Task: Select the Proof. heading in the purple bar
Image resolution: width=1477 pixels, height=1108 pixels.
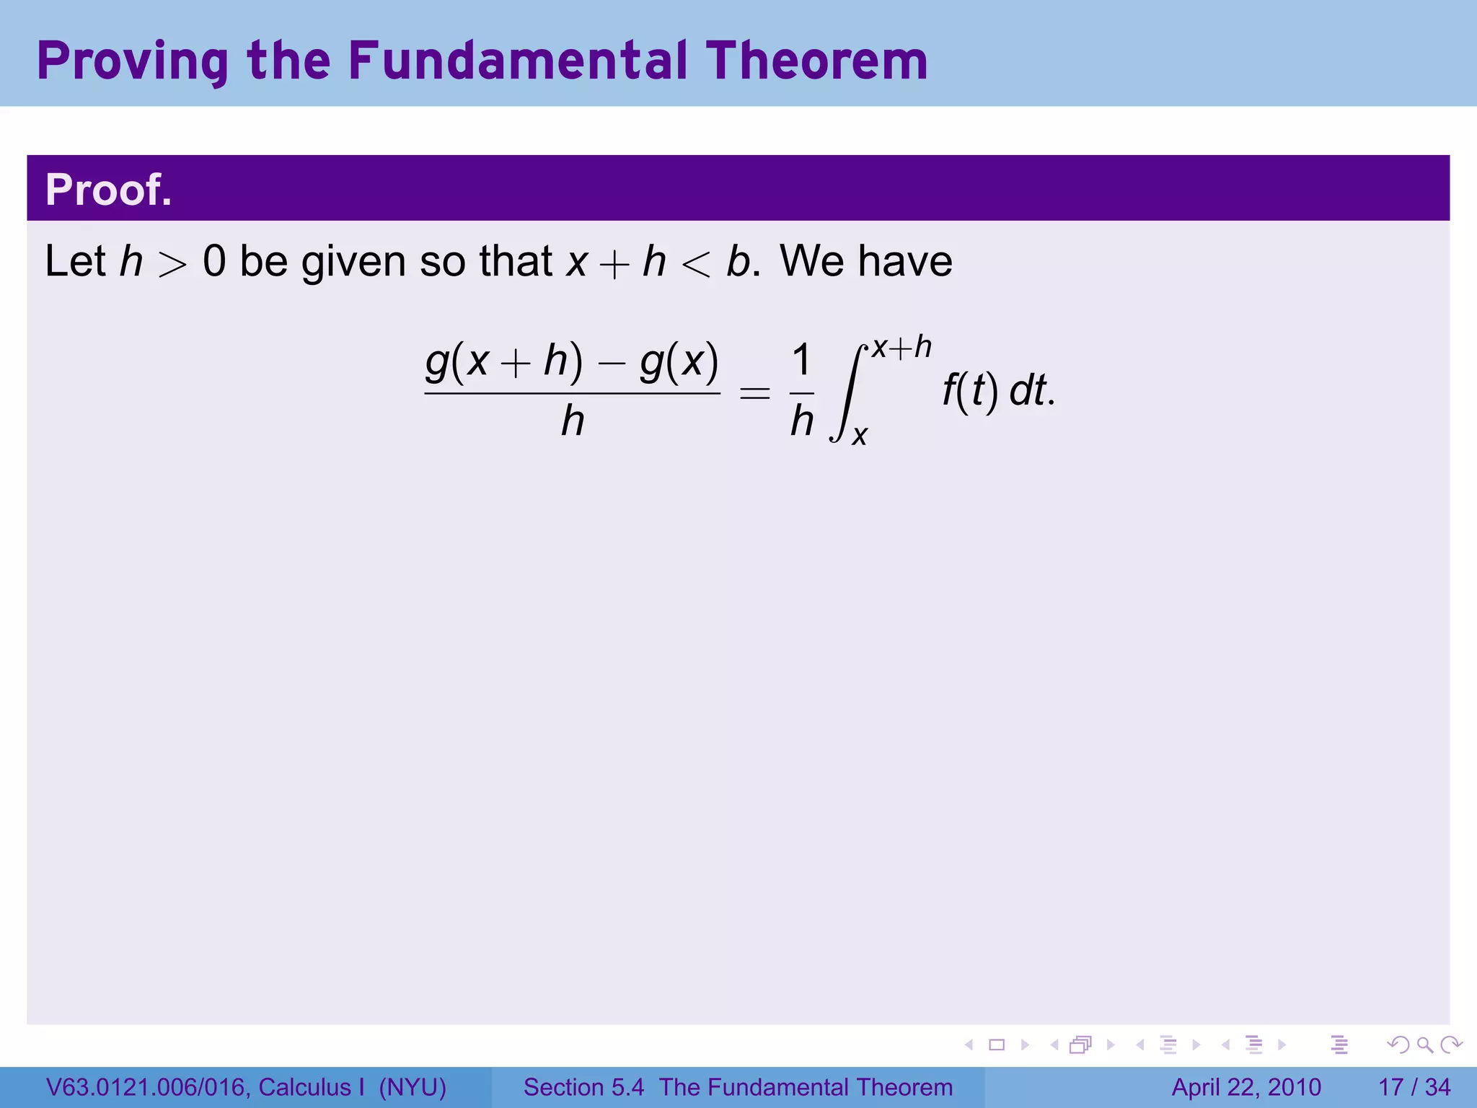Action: pyautogui.click(x=109, y=190)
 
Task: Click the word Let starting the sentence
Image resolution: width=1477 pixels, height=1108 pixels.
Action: pyautogui.click(x=76, y=260)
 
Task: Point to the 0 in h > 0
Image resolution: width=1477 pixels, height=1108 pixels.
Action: pyautogui.click(x=214, y=261)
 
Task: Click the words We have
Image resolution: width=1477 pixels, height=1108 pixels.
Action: pyautogui.click(x=865, y=260)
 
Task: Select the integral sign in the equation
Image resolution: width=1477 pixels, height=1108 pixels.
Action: pyautogui.click(x=848, y=393)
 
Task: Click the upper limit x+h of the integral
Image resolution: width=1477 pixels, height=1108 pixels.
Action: pyautogui.click(x=901, y=348)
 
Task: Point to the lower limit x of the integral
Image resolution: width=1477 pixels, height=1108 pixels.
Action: pyautogui.click(x=859, y=436)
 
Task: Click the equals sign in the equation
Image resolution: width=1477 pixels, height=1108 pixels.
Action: pyautogui.click(x=755, y=393)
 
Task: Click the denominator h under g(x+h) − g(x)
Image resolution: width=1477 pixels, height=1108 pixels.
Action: pyautogui.click(x=573, y=421)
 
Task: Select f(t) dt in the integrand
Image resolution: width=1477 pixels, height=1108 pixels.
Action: pyautogui.click(x=998, y=392)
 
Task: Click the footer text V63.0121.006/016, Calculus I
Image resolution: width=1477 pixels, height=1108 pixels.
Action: pyautogui.click(x=206, y=1087)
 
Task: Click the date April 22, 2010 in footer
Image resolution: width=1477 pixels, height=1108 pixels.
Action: pyautogui.click(x=1246, y=1087)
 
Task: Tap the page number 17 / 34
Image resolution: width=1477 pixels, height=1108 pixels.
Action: pyautogui.click(x=1414, y=1087)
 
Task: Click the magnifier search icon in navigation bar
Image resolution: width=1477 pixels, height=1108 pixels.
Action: pyautogui.click(x=1424, y=1045)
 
